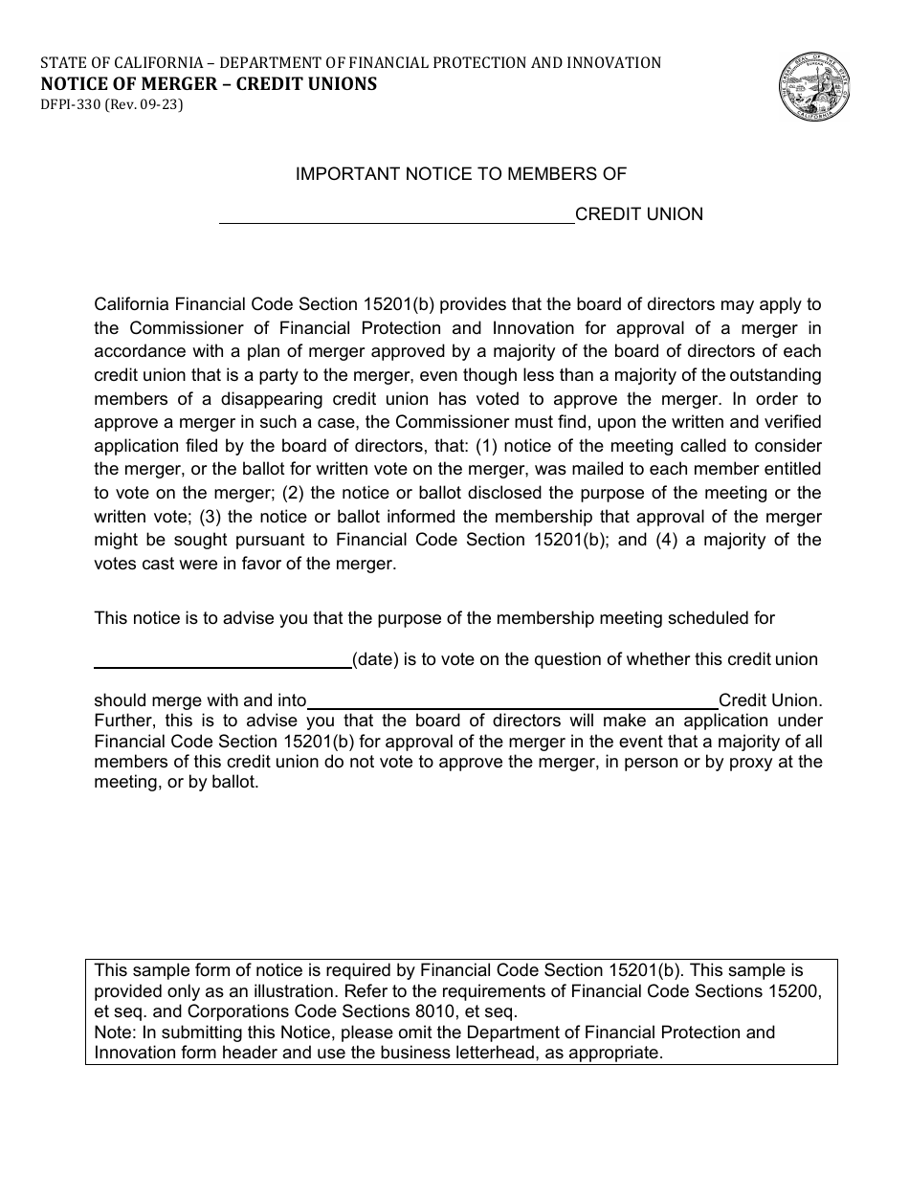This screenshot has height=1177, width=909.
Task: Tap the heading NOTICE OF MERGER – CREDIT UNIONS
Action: tap(208, 84)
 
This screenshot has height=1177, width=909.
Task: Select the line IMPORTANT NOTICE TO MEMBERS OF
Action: tap(461, 174)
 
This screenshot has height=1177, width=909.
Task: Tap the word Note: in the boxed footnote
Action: tap(114, 1033)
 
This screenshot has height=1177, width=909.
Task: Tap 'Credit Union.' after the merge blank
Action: tap(769, 701)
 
